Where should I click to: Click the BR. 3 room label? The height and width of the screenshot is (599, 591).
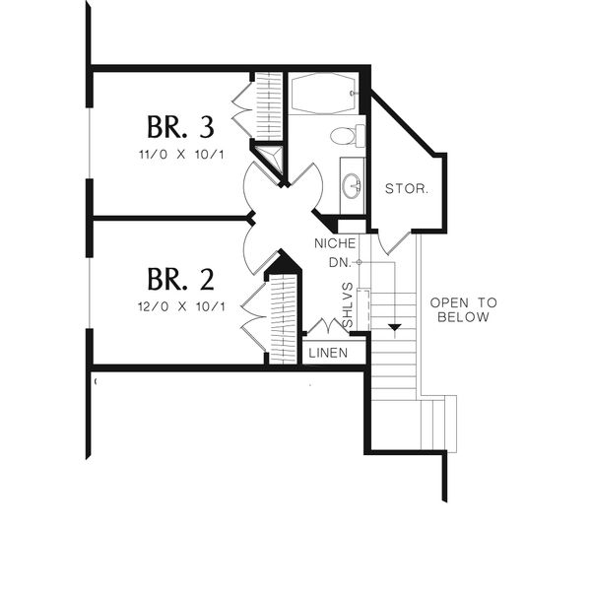[180, 127]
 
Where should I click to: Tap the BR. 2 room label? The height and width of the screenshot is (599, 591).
[180, 278]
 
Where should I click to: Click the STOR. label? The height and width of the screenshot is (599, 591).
[406, 188]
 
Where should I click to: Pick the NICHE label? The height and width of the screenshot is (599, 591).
[334, 242]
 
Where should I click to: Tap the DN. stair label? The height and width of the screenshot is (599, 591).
[341, 262]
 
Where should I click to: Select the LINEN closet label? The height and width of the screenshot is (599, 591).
[328, 352]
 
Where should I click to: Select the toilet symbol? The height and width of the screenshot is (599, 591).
[346, 136]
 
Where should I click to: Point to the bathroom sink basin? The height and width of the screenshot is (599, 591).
[352, 183]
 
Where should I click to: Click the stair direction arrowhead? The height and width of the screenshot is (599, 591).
[394, 326]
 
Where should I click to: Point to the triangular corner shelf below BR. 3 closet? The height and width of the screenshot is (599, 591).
[269, 158]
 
